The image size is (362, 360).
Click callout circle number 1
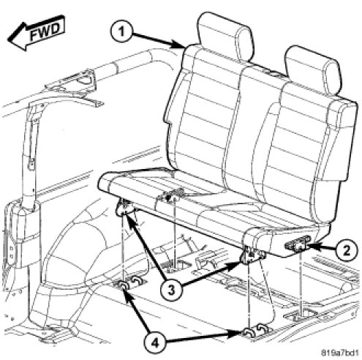point(121,32)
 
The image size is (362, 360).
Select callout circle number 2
point(346,250)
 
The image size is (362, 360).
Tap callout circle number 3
point(171,290)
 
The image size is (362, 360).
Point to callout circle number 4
point(155,343)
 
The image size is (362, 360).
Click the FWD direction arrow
point(37,33)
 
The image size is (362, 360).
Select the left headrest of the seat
point(225,37)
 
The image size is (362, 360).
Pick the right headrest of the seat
point(313,70)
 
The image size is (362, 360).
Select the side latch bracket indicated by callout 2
point(298,245)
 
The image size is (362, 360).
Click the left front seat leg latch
point(125,208)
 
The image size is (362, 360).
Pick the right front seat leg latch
point(252,256)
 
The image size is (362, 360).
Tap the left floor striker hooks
point(130,282)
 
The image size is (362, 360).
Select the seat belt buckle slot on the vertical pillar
point(31,165)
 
